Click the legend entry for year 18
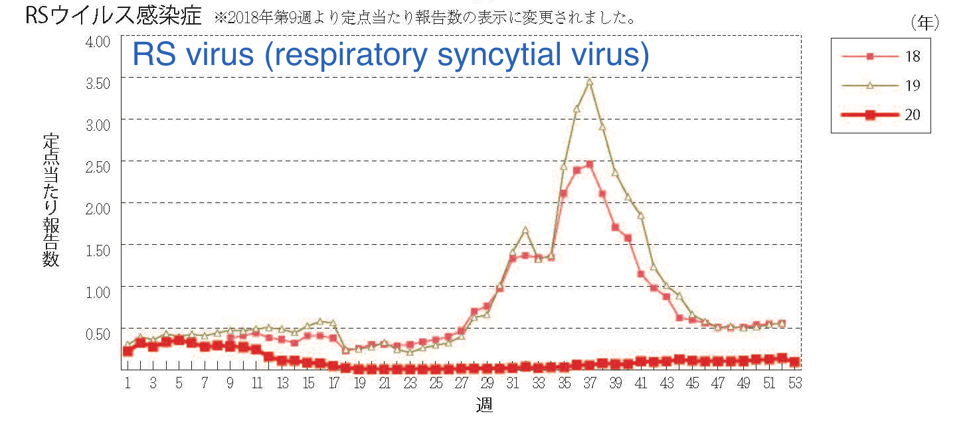click(880, 56)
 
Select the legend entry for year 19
click(880, 86)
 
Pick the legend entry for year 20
click(880, 115)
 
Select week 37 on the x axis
click(590, 384)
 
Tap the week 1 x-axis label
click(127, 384)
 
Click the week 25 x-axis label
click(436, 384)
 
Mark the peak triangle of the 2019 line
click(589, 82)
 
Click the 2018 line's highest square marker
click(589, 164)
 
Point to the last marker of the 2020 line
click(795, 362)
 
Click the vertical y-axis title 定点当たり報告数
click(51, 199)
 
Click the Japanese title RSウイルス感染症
click(113, 16)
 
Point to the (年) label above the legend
click(925, 23)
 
